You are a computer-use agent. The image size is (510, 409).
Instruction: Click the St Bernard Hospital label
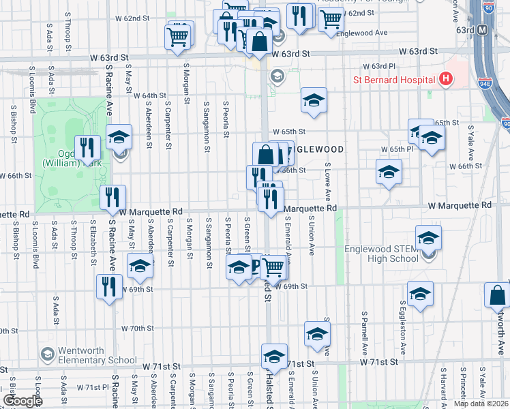(x=393, y=80)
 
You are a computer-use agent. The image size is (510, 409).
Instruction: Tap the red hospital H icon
(x=446, y=79)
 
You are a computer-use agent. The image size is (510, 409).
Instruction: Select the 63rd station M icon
(x=483, y=30)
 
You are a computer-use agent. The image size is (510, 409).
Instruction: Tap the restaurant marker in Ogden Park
(x=87, y=147)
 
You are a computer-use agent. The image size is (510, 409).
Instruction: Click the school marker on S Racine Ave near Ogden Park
(x=119, y=138)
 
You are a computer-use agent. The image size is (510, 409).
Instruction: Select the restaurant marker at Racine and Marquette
(x=112, y=198)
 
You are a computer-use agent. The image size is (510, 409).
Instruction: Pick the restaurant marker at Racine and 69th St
(x=109, y=286)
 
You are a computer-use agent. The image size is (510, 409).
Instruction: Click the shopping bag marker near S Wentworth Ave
(x=497, y=294)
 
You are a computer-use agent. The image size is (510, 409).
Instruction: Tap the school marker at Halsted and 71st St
(x=275, y=357)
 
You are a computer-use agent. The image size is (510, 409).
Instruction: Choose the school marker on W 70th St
(x=317, y=334)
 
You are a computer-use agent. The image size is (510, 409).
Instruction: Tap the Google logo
(x=22, y=400)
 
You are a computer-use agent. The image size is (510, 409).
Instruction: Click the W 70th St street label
(x=138, y=329)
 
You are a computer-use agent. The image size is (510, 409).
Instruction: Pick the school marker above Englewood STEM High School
(x=428, y=239)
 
